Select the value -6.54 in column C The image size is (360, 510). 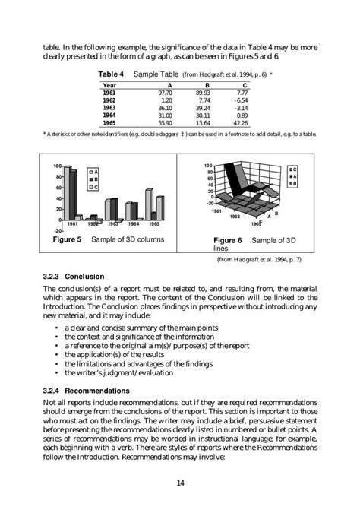pos(260,100)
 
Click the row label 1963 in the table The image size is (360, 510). pos(109,107)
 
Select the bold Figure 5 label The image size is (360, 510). pos(66,239)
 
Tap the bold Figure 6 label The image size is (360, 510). pos(227,240)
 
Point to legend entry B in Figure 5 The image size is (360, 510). pos(94,179)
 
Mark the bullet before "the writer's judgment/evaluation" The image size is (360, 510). pos(58,373)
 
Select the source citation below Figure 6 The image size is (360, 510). pos(258,259)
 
